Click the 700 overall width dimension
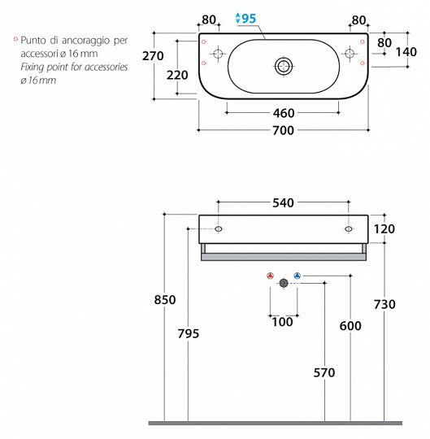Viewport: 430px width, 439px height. tap(284, 130)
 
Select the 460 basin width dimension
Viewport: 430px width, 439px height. tap(284, 113)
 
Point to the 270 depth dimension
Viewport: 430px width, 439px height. tap(153, 56)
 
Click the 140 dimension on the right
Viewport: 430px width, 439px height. tap(406, 51)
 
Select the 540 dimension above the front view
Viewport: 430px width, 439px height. tap(283, 202)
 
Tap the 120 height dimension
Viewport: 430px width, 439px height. tap(384, 229)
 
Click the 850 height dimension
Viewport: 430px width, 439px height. tap(165, 300)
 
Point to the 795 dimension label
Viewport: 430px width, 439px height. tap(188, 333)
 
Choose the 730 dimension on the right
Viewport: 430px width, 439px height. tap(384, 304)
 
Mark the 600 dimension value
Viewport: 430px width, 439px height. tap(350, 325)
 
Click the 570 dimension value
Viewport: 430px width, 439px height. tap(324, 373)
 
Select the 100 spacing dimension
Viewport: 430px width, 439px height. tap(282, 322)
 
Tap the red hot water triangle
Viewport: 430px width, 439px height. tap(270, 276)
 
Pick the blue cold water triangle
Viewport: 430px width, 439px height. tap(297, 276)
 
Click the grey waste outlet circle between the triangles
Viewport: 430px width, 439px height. tap(284, 282)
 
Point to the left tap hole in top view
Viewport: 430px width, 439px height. tap(217, 54)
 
